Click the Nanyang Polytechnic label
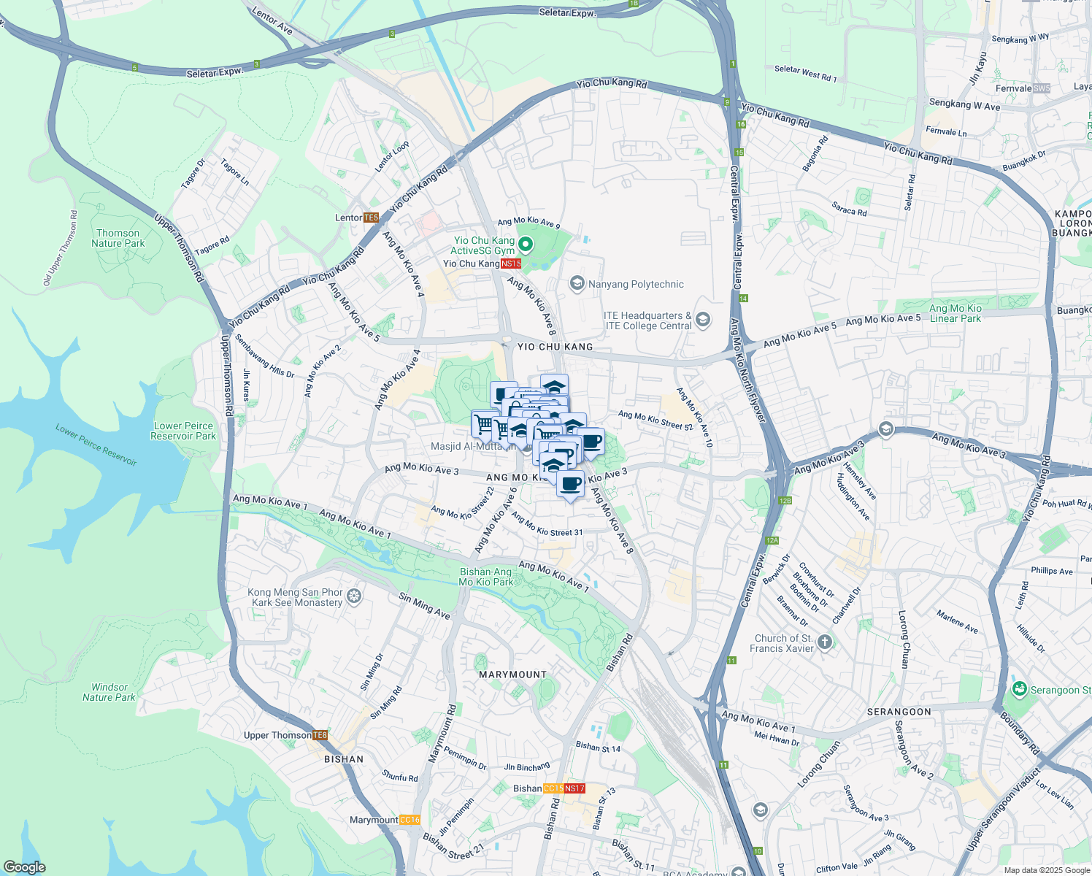coord(636,284)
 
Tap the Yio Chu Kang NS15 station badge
coord(511,264)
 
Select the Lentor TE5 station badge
coord(371,218)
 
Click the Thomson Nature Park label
coord(118,238)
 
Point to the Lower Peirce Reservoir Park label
coord(183,431)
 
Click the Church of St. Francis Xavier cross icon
coord(825,642)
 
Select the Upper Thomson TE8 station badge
coord(320,735)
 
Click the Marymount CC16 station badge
coord(410,820)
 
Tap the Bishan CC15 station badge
coord(553,788)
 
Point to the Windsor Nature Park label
coord(109,692)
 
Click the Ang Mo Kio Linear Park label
coord(955,313)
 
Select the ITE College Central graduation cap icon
coord(703,319)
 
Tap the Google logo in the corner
coord(24,867)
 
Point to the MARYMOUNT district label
coord(512,675)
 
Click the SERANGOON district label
coord(899,712)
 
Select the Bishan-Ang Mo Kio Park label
coord(486,577)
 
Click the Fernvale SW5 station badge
coord(1042,88)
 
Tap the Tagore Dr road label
coord(193,174)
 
